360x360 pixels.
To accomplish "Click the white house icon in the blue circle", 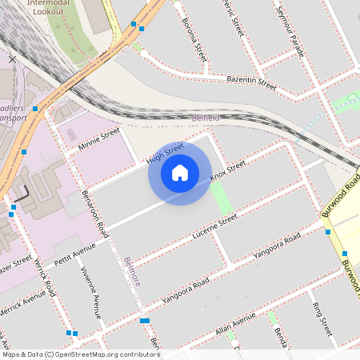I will click(180, 172).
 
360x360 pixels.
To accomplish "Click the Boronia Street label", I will click(194, 40).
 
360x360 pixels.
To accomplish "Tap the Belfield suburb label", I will click(206, 118).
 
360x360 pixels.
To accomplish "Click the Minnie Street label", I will click(98, 139).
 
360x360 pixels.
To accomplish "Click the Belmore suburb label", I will click(132, 271).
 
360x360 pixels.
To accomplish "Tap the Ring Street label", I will click(322, 318).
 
